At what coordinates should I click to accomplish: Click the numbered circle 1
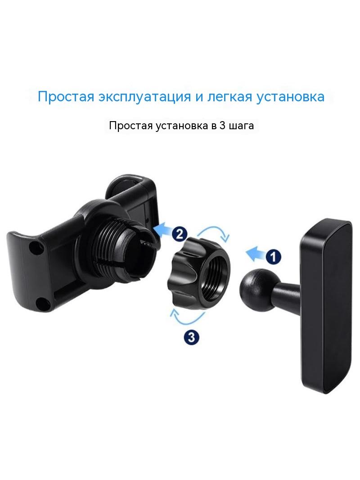[x=273, y=256]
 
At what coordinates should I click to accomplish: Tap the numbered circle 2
[x=179, y=234]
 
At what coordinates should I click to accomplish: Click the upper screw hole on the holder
[x=35, y=247]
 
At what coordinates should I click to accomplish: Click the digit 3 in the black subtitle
[x=222, y=125]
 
